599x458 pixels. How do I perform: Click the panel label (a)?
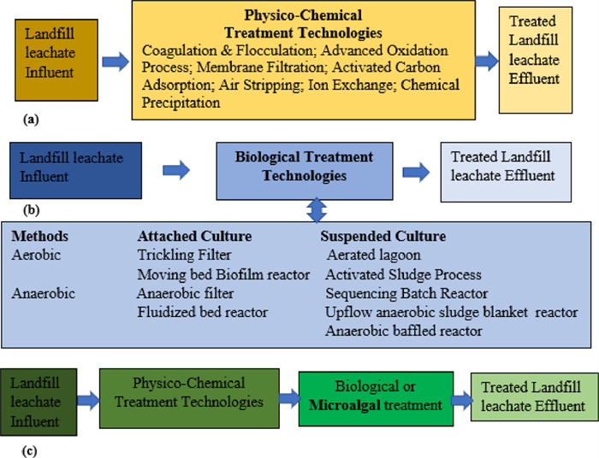(x=31, y=120)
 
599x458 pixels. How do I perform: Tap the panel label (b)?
(x=32, y=209)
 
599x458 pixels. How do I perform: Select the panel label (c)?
(x=29, y=451)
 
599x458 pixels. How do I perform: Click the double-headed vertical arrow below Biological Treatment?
(x=317, y=210)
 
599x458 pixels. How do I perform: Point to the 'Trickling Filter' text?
(x=184, y=255)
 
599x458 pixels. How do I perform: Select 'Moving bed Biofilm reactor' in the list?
(x=223, y=274)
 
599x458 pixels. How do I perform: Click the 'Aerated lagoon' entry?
(x=374, y=255)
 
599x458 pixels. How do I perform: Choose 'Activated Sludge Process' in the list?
(x=403, y=274)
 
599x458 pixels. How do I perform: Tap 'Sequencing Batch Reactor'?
(x=406, y=293)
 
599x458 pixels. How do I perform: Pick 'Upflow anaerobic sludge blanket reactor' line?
(x=452, y=312)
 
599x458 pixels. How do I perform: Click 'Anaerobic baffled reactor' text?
(x=404, y=331)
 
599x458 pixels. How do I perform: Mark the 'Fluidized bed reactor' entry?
(x=203, y=312)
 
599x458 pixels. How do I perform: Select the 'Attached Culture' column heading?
(x=194, y=236)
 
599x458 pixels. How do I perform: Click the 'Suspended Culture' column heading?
(x=383, y=236)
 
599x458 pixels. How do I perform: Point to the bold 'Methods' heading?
(x=39, y=236)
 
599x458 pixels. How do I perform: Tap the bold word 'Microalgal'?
(x=341, y=405)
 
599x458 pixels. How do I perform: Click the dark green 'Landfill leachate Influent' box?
(x=39, y=402)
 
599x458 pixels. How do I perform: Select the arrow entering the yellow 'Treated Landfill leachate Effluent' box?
(x=487, y=61)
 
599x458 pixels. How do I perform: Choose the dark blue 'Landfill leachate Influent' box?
(x=75, y=170)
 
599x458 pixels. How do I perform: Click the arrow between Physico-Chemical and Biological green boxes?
(x=289, y=398)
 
